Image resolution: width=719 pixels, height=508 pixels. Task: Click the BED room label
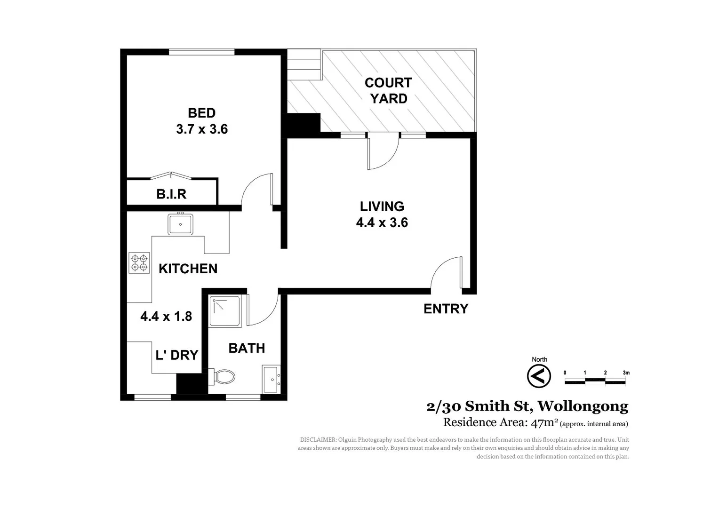tap(201, 113)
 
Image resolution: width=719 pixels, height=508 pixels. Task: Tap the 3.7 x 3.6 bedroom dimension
tap(202, 129)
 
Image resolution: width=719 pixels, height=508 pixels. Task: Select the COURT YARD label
tap(388, 91)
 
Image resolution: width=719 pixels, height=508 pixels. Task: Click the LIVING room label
tap(382, 206)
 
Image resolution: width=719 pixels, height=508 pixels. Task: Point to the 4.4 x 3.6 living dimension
tap(382, 222)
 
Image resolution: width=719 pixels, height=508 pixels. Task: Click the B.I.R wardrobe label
tap(171, 194)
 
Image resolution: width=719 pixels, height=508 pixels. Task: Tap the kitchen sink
tap(180, 224)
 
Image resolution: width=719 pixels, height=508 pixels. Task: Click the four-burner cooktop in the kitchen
tap(139, 263)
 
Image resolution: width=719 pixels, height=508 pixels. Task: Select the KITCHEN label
tap(188, 269)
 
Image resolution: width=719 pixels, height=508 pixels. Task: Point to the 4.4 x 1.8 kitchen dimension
tap(166, 316)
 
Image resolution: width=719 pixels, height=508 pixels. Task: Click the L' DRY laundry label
tap(176, 355)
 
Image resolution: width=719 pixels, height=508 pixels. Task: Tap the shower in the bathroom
tap(225, 311)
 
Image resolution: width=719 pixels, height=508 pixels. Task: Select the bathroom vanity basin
tap(272, 379)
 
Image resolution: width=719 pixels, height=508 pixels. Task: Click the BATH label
tap(247, 348)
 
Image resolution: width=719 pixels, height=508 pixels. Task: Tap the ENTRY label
tap(446, 309)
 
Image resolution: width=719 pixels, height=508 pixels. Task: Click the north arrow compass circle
tap(539, 376)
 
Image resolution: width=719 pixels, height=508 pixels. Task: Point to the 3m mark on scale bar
tap(625, 373)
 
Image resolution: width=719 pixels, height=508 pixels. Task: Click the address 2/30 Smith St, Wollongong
tap(527, 406)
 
